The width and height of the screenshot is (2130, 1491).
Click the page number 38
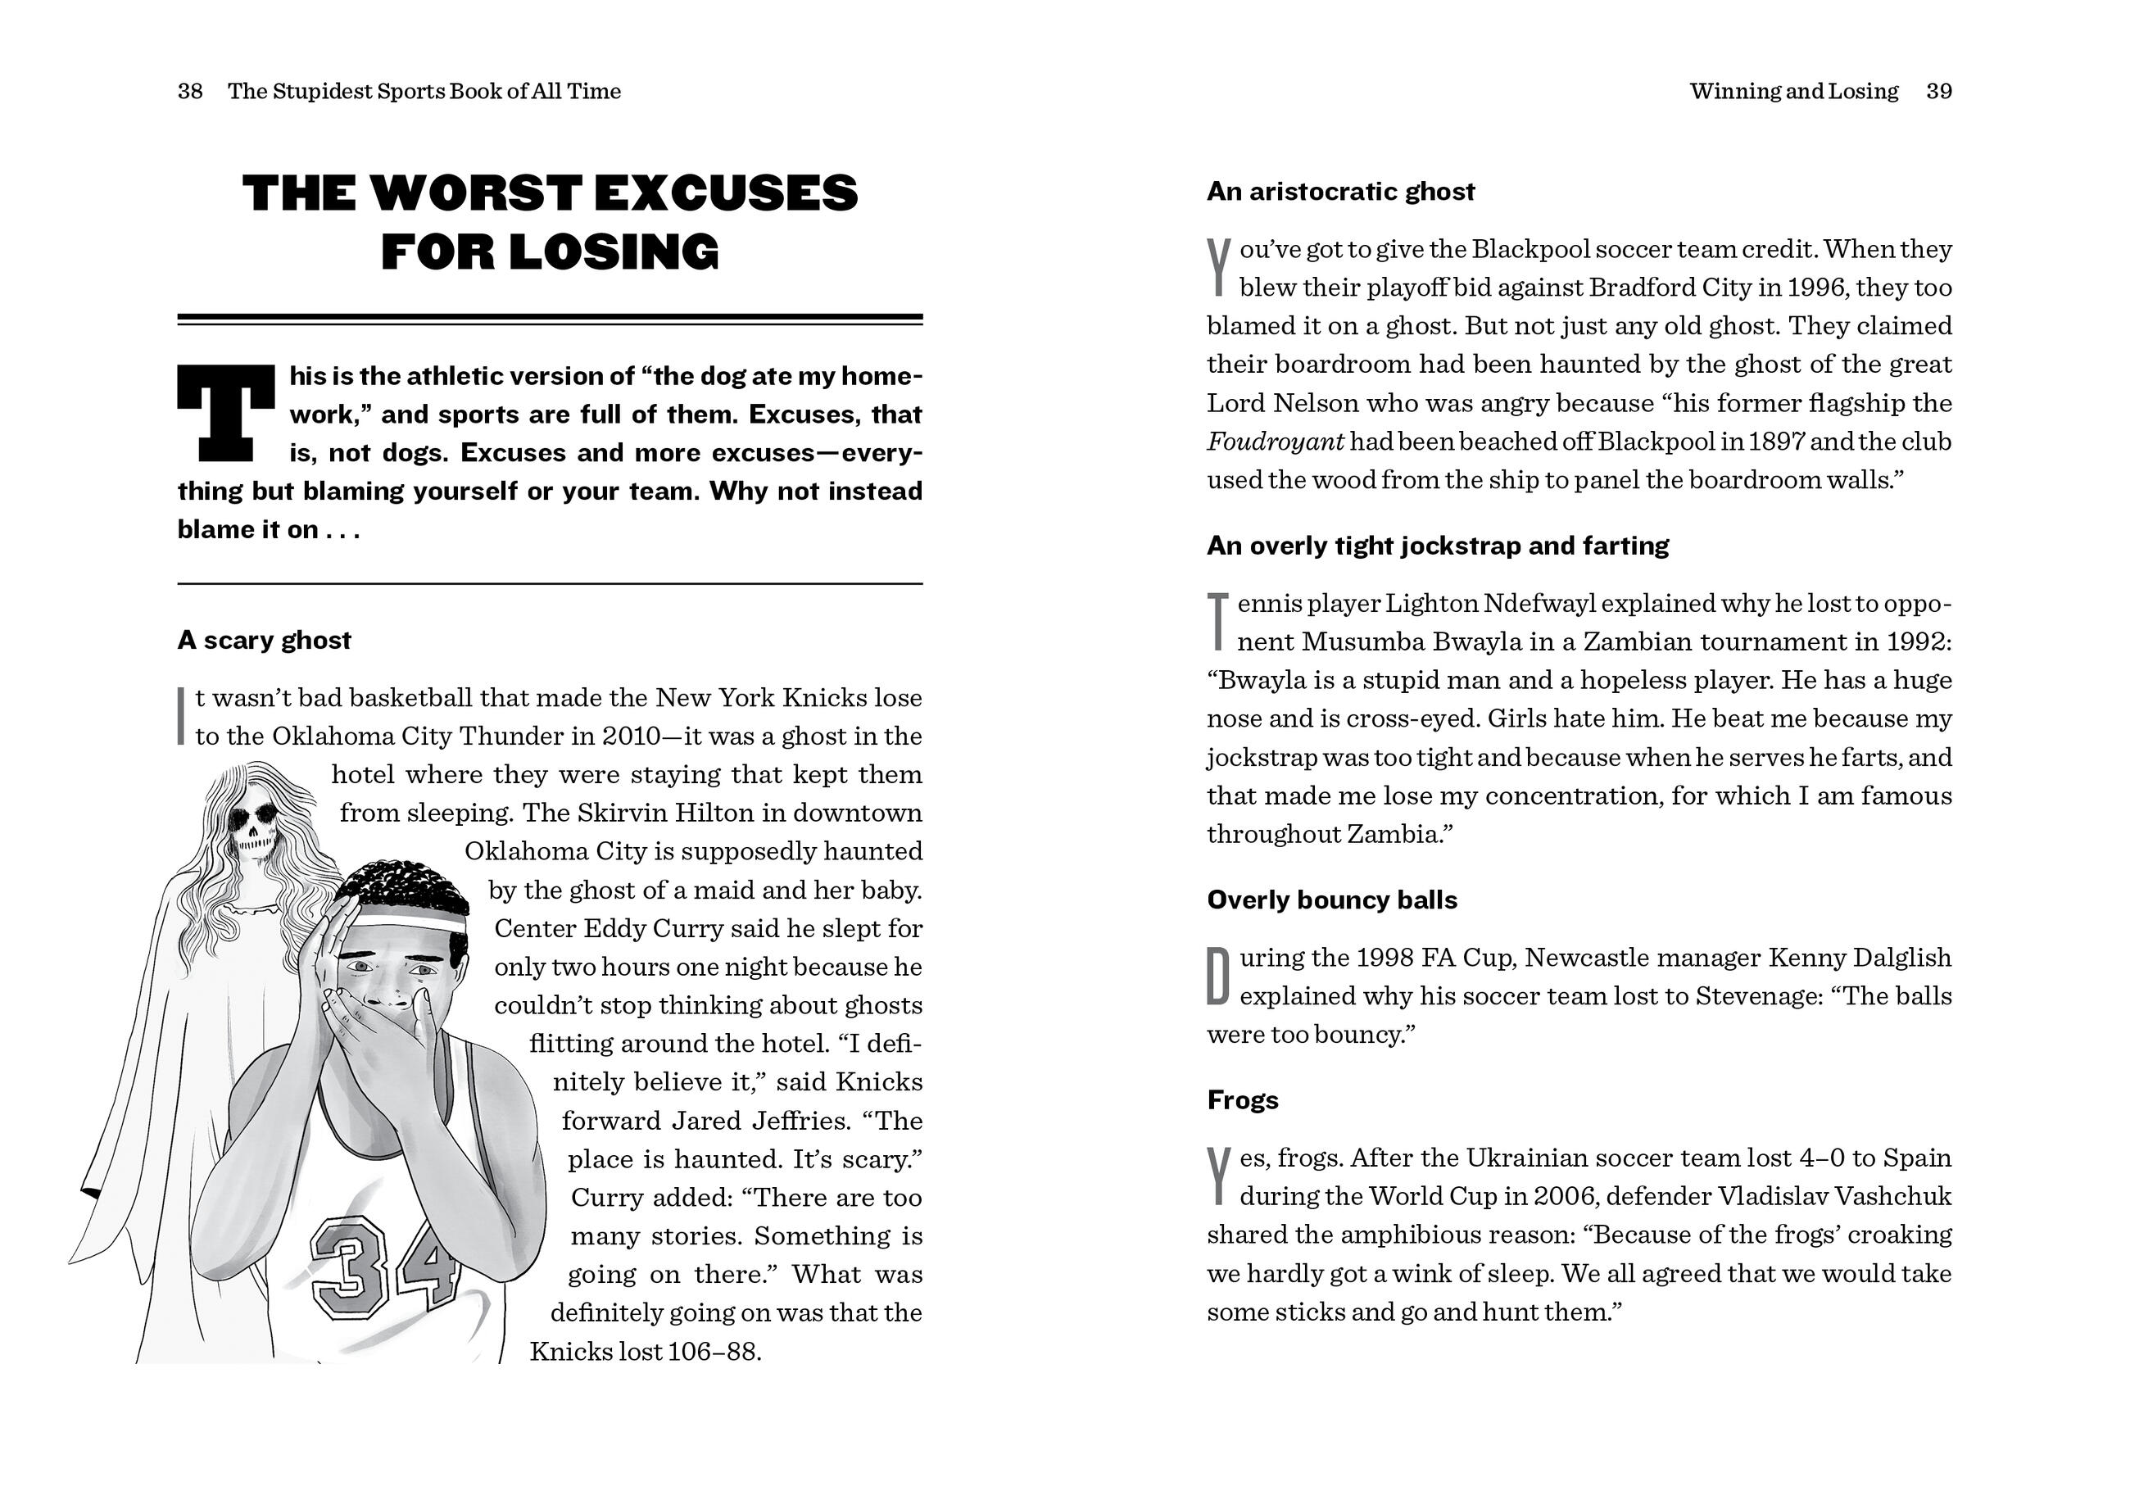[190, 92]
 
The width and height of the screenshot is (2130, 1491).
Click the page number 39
[1939, 92]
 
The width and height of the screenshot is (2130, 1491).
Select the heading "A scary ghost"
[265, 640]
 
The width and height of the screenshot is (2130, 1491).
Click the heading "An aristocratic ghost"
[1340, 192]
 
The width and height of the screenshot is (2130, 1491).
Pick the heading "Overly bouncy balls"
[1331, 900]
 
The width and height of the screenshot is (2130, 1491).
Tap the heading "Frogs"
[1242, 1100]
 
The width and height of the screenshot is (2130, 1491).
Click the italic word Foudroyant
[1275, 442]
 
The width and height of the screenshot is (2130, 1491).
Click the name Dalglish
[1901, 958]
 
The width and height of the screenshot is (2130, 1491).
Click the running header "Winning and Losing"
[1793, 92]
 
